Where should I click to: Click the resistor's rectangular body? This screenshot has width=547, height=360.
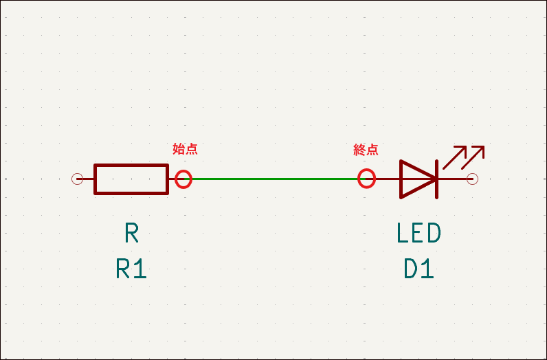click(x=131, y=179)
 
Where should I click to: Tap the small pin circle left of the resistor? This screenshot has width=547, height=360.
click(x=78, y=179)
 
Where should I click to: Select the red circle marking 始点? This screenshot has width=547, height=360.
click(x=183, y=179)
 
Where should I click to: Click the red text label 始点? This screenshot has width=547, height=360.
click(x=185, y=148)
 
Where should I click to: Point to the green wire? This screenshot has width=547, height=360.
click(x=275, y=179)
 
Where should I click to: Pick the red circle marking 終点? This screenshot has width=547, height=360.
click(x=367, y=179)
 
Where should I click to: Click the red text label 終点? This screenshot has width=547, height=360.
click(x=366, y=149)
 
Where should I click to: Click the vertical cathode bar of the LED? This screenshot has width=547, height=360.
click(x=436, y=179)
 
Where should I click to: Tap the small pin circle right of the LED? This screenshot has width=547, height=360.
click(x=472, y=179)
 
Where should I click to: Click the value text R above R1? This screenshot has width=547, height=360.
click(x=132, y=234)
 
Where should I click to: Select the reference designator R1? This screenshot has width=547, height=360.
click(x=131, y=269)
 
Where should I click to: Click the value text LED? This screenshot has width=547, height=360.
click(x=418, y=234)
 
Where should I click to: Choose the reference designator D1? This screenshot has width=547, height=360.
click(x=418, y=269)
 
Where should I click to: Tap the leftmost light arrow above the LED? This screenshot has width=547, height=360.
click(x=454, y=158)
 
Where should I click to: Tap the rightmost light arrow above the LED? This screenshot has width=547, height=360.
click(x=473, y=157)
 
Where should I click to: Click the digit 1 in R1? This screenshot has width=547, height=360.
click(x=140, y=269)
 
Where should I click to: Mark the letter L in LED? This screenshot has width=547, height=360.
click(x=403, y=234)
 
